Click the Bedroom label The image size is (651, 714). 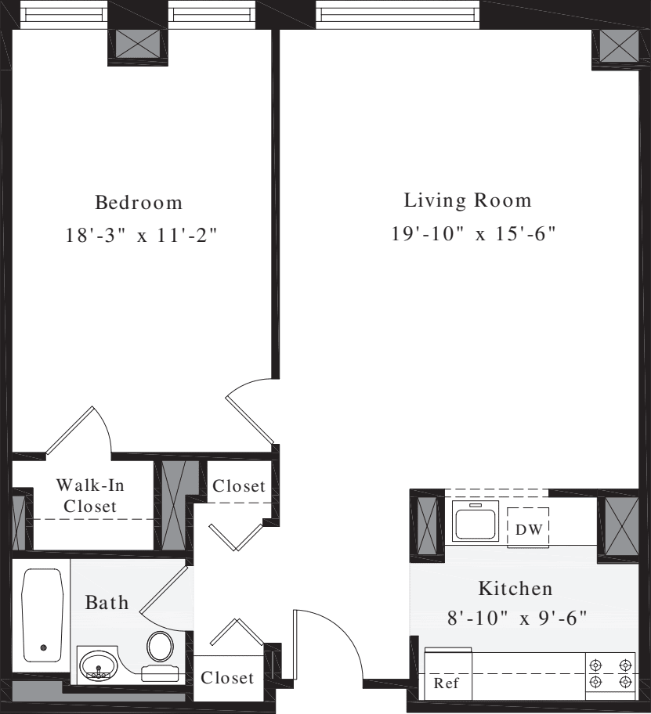point(139,203)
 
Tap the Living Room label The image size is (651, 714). point(468,200)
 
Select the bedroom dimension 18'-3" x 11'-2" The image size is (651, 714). point(141,236)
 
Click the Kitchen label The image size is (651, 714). point(515,589)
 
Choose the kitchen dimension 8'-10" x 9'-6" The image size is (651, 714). point(517,618)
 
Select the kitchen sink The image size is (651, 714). point(475,521)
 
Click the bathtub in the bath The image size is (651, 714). point(42,615)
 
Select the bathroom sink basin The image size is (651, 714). point(98,664)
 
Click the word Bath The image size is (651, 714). point(107,603)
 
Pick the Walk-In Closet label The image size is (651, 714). point(90,496)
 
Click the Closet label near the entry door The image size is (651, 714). point(227,678)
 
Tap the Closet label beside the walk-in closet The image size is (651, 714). point(239,486)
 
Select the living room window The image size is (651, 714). point(398,14)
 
